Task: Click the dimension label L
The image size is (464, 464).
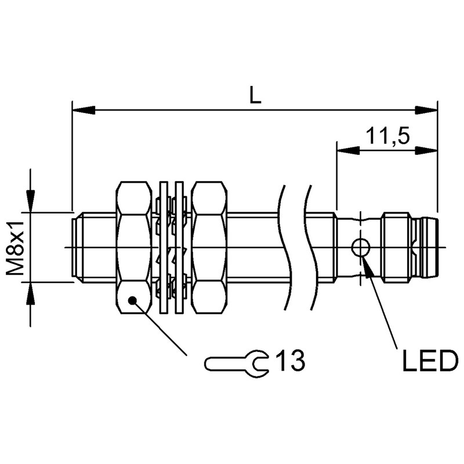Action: [x=255, y=95]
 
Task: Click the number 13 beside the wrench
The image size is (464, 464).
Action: [x=289, y=361]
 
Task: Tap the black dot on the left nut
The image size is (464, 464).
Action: [x=133, y=299]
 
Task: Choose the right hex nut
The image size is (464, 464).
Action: [x=209, y=248]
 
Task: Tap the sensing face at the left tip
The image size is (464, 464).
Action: [x=74, y=248]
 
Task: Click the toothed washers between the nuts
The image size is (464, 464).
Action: [x=172, y=248]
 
